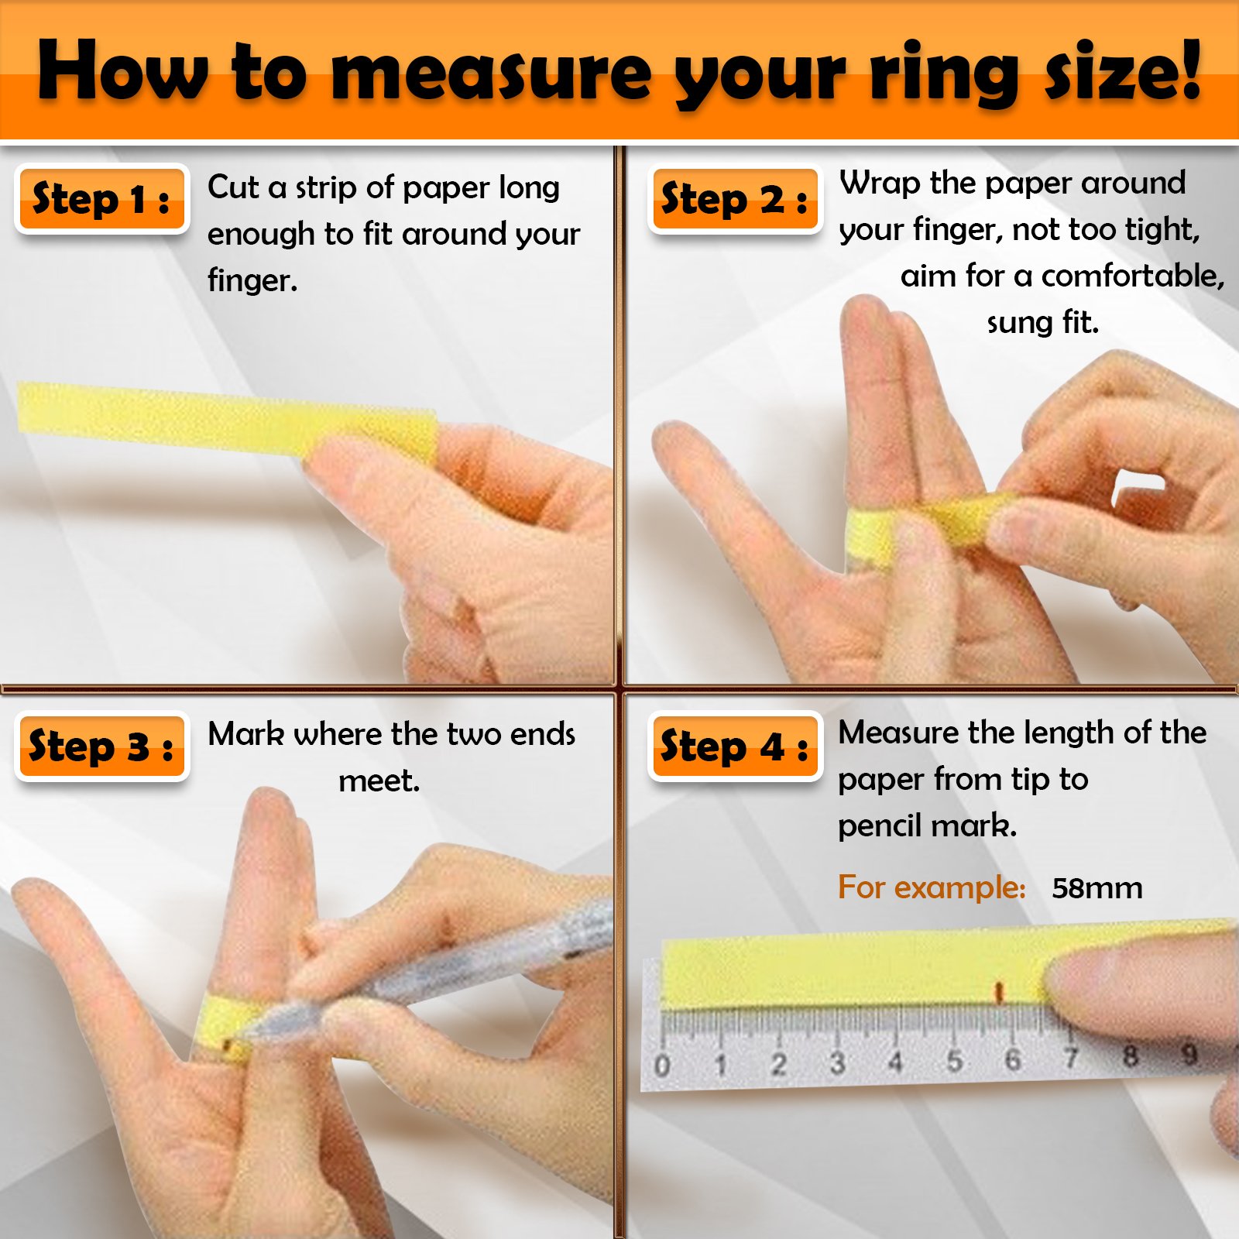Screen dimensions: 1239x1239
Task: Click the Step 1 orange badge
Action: [x=101, y=200]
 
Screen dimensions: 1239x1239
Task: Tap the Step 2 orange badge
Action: [x=735, y=200]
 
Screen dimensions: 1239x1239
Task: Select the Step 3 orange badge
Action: [x=101, y=746]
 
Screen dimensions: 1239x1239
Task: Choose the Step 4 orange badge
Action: [x=735, y=746]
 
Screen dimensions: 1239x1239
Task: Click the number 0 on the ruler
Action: [x=661, y=1066]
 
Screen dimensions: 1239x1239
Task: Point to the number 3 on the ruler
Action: [x=837, y=1062]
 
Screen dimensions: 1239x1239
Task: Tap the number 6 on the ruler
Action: [x=1012, y=1059]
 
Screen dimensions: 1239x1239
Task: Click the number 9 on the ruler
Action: [x=1189, y=1054]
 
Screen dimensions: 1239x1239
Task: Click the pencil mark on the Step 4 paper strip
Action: [x=999, y=992]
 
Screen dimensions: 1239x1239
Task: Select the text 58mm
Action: [x=1097, y=888]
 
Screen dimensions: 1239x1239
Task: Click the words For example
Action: [x=932, y=887]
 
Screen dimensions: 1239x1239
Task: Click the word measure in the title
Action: [x=492, y=74]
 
